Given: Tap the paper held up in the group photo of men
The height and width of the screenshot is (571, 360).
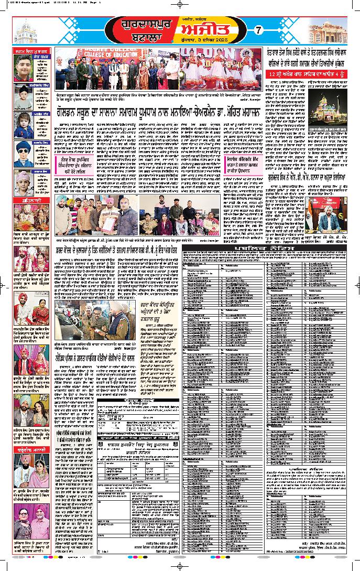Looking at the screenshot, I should [107, 210].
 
